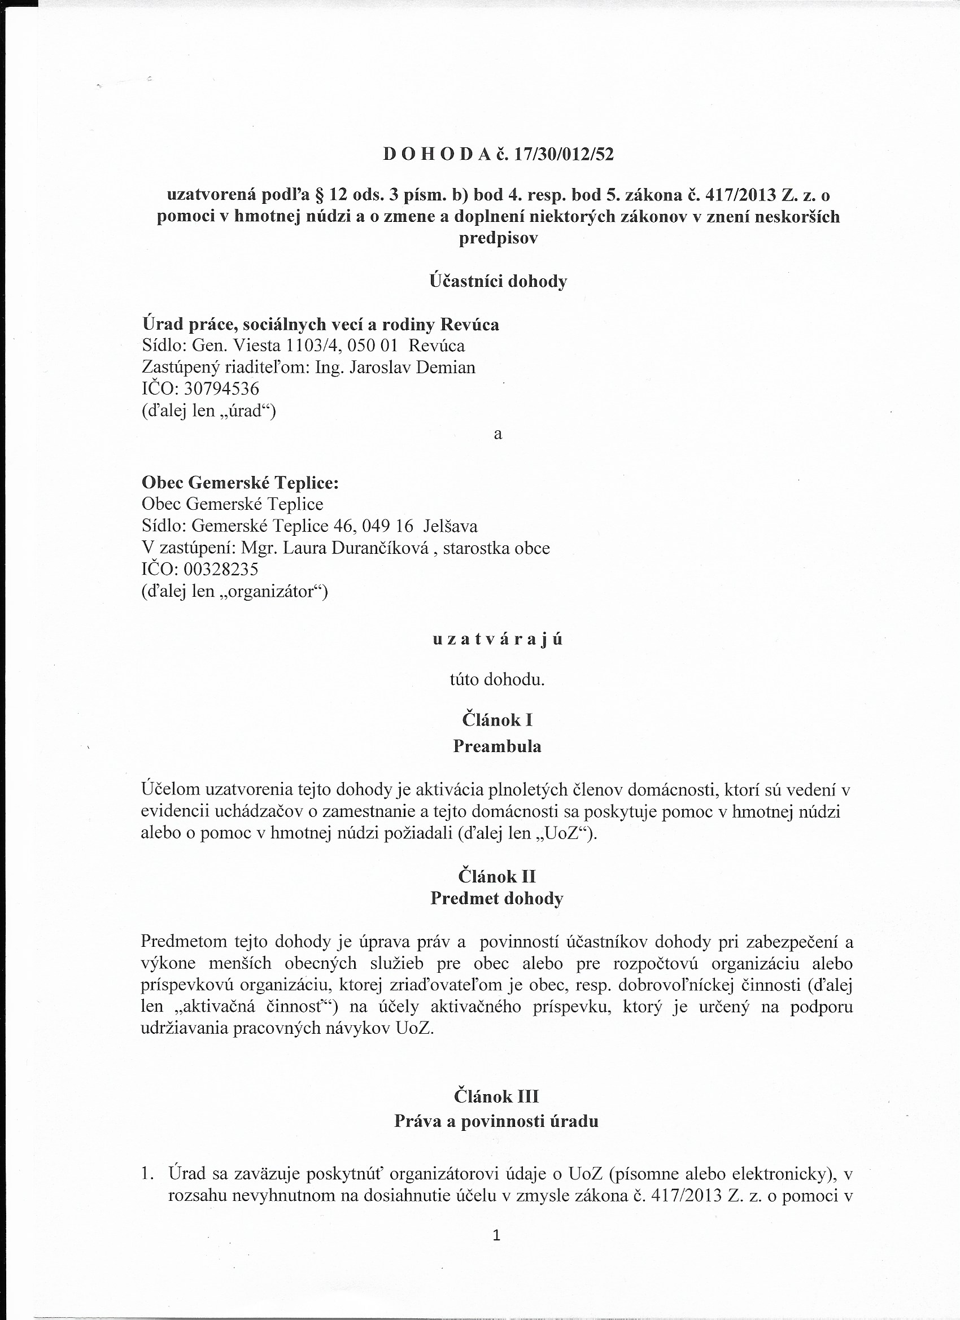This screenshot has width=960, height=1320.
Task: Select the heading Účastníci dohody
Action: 498,282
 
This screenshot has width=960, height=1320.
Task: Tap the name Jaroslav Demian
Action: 412,367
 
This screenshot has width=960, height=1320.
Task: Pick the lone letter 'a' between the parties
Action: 498,434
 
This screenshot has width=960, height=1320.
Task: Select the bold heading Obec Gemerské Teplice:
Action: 240,483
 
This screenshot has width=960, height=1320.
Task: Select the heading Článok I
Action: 497,720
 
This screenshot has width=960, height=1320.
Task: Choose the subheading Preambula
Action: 497,746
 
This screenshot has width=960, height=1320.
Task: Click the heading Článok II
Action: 497,876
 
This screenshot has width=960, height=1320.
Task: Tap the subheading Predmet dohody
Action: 497,899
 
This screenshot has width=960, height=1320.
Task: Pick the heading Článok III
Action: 496,1096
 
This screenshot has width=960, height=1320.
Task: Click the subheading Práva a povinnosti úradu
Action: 496,1121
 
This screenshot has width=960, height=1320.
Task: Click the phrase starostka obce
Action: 496,548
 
